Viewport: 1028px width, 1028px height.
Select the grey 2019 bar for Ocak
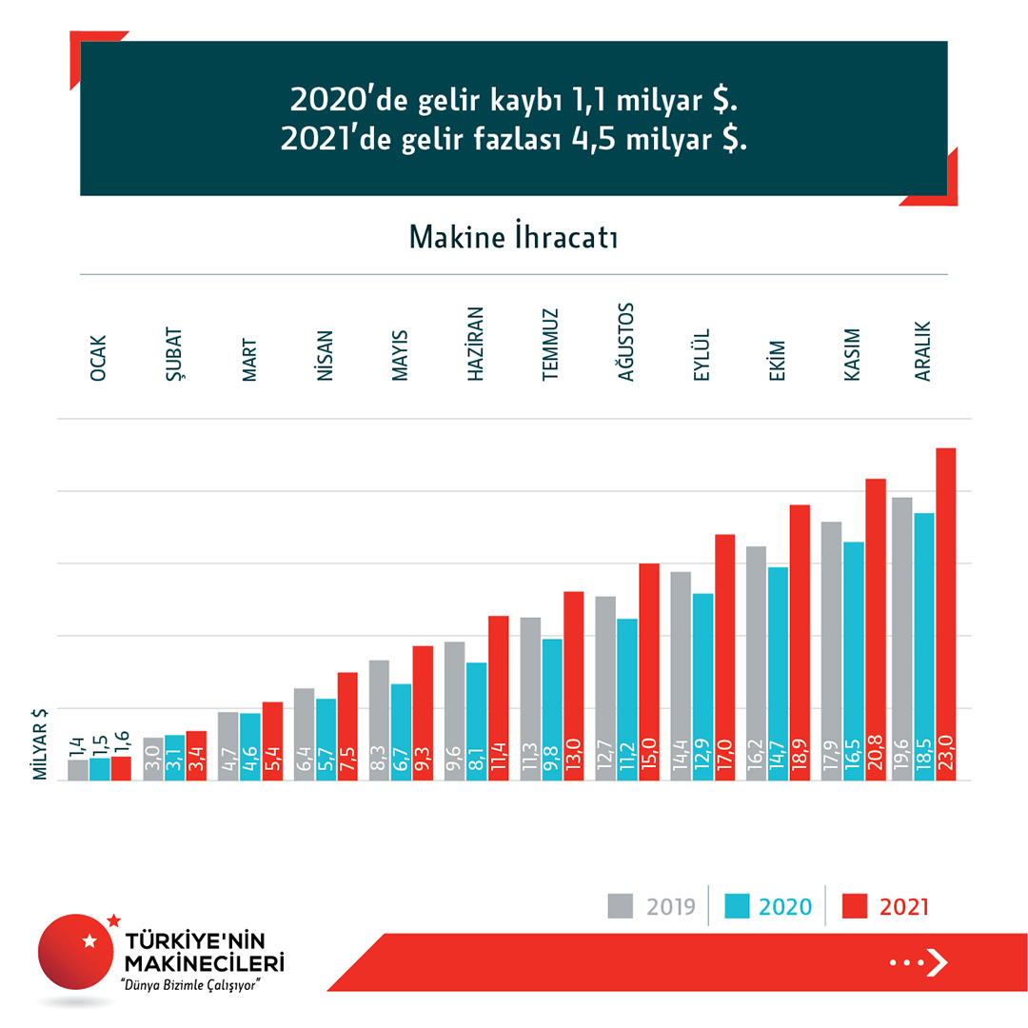tap(78, 770)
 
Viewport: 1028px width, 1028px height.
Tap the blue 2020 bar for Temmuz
tap(552, 709)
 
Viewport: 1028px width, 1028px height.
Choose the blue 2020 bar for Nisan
tap(326, 740)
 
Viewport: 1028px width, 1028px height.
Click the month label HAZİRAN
tap(477, 344)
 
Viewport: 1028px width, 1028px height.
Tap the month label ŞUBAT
tap(174, 355)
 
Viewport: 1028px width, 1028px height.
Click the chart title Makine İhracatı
tap(514, 237)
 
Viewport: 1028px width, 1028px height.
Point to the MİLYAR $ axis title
tap(41, 744)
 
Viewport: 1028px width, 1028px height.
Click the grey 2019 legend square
tap(621, 905)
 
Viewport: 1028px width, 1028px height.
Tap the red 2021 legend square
tap(859, 905)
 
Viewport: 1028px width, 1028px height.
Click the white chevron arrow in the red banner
tap(938, 962)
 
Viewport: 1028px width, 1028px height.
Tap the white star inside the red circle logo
tap(90, 941)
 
